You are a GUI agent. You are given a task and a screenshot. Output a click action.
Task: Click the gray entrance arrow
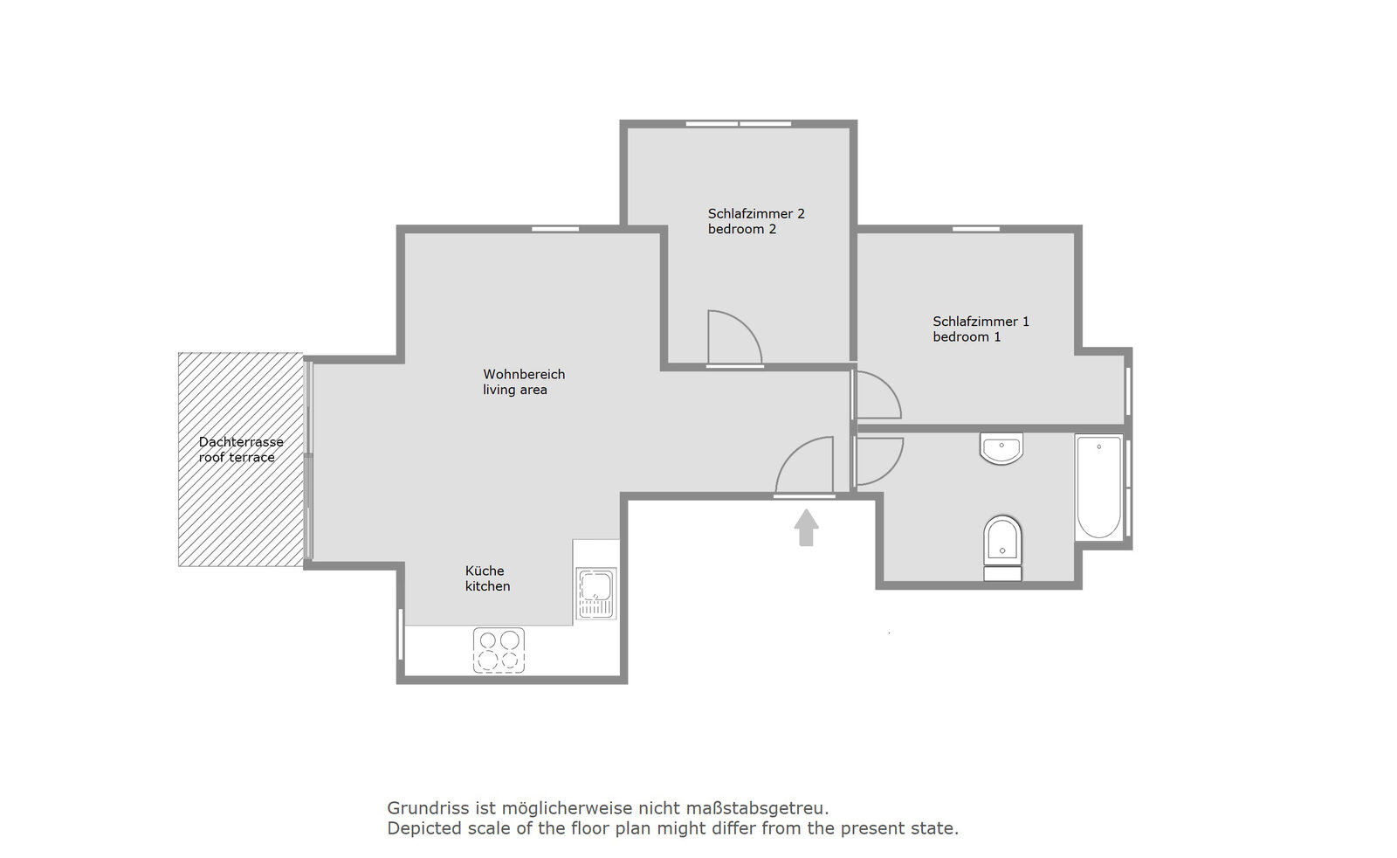(x=807, y=527)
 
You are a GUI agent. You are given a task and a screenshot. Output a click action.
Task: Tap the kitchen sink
(x=596, y=592)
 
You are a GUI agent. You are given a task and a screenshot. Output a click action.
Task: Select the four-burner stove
(x=499, y=650)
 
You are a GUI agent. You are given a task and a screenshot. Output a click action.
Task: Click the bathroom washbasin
(x=1001, y=448)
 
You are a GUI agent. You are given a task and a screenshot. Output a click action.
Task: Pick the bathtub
(x=1099, y=488)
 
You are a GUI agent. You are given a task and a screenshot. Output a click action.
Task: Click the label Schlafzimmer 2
(x=756, y=214)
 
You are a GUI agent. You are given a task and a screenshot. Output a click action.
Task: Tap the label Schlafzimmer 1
(x=981, y=322)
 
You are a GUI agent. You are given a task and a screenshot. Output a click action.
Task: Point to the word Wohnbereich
(x=524, y=375)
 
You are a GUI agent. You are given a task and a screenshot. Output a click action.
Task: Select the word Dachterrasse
(x=241, y=442)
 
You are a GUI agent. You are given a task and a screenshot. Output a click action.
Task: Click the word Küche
(x=485, y=571)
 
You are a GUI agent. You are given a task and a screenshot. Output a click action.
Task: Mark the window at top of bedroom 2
(x=739, y=124)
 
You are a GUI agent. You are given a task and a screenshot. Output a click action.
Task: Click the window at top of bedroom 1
(x=976, y=229)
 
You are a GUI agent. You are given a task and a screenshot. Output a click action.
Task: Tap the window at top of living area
(x=555, y=229)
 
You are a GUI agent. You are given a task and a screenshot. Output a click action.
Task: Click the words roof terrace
(x=237, y=457)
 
